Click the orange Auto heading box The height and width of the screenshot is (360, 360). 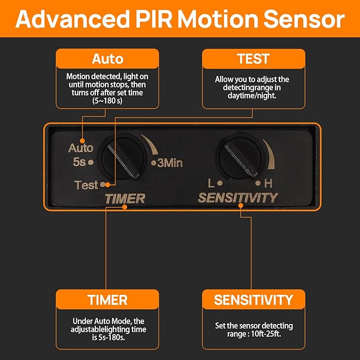tap(108, 58)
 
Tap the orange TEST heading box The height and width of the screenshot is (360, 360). tap(253, 58)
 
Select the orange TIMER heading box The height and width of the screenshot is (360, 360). tap(108, 300)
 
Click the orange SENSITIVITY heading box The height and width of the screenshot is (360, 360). tap(253, 300)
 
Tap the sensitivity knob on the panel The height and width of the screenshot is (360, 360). tap(240, 157)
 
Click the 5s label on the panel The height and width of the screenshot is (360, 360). tap(80, 161)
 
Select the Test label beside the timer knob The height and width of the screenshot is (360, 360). tap(86, 185)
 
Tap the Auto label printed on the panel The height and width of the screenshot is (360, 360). tap(81, 148)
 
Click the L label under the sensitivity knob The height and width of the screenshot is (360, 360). tap(211, 184)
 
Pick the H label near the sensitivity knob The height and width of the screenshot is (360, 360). tap(268, 184)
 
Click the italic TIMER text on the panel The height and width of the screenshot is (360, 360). tap(125, 199)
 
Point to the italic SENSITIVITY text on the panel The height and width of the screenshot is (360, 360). tap(238, 198)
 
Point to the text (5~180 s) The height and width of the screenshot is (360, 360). tap(107, 100)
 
